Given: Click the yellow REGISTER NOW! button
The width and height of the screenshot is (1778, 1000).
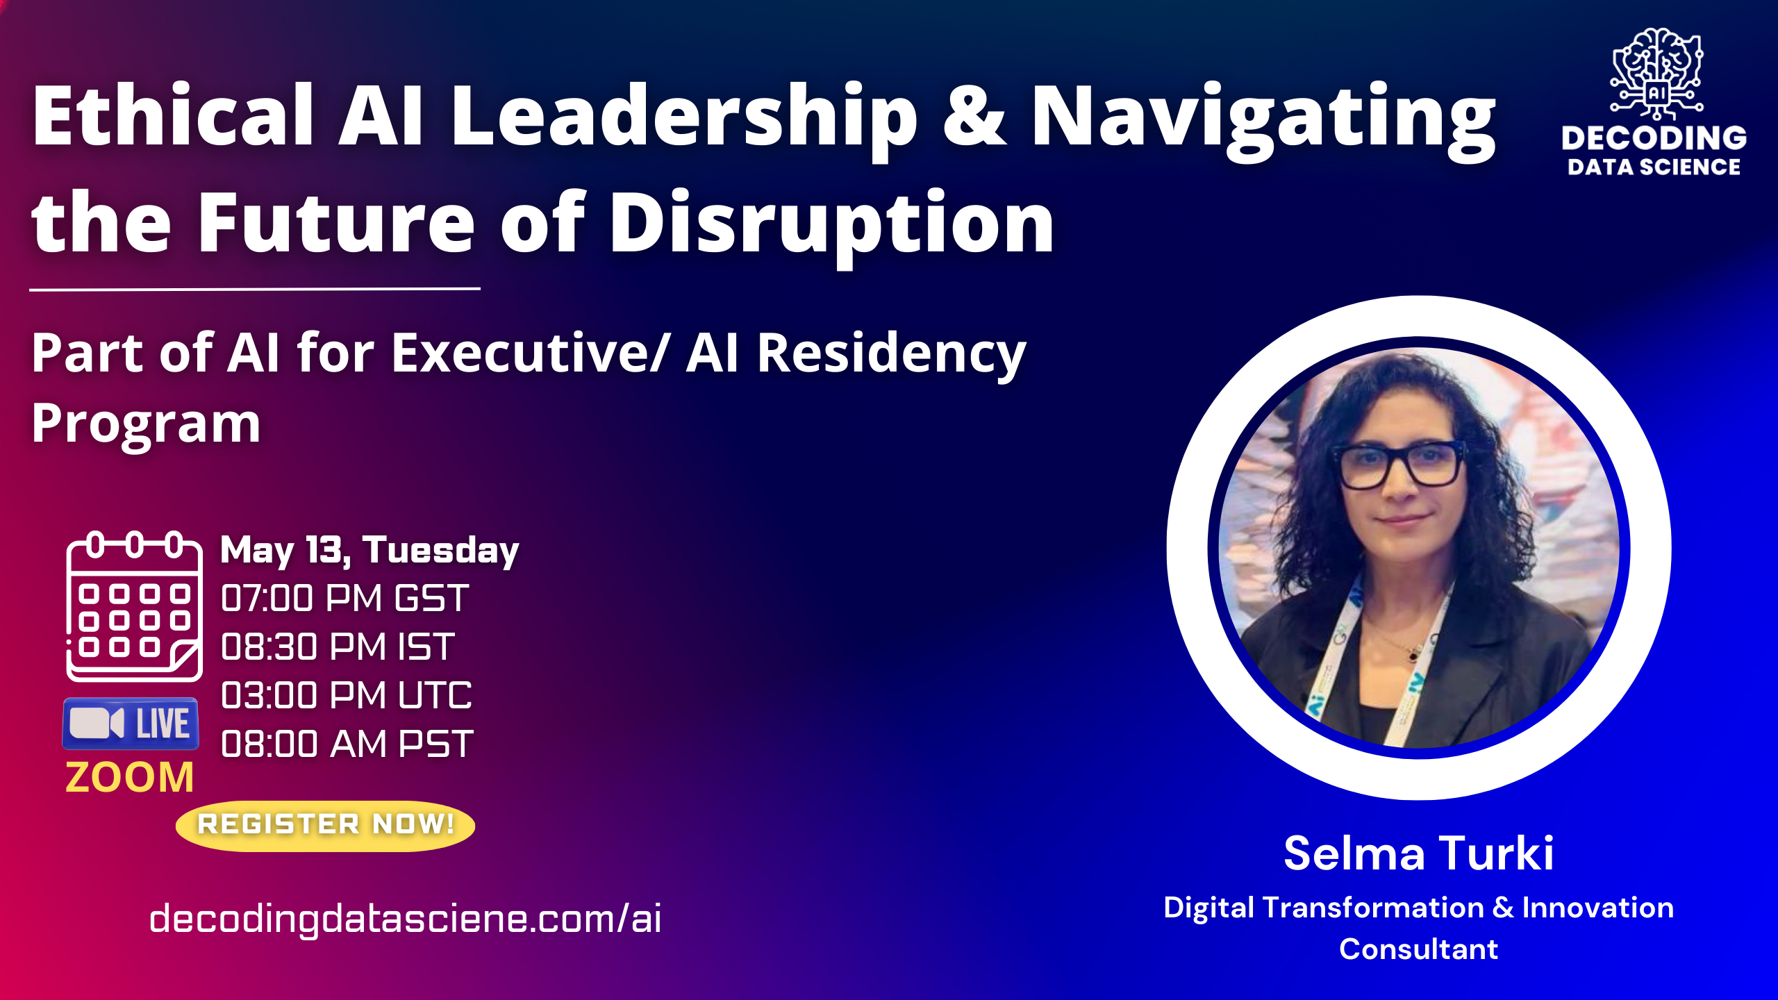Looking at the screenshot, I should (x=325, y=825).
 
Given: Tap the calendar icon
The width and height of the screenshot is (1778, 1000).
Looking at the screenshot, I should (x=134, y=606).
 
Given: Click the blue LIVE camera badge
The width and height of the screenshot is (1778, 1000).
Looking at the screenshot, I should (x=131, y=724).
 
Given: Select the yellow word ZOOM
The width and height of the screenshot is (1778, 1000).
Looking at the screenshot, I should (x=130, y=777).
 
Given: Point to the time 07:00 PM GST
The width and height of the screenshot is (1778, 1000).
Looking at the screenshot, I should (x=344, y=598).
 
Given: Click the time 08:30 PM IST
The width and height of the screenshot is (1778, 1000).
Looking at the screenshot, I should (x=338, y=647).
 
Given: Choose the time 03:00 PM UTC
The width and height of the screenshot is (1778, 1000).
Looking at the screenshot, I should (x=346, y=695).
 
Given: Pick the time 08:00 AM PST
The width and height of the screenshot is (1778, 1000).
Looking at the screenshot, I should (x=347, y=744).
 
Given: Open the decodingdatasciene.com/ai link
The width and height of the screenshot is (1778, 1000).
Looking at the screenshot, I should (x=406, y=919).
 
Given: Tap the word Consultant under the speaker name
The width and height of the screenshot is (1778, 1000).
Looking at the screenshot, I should (x=1418, y=949).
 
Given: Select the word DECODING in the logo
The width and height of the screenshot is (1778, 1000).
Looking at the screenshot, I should (x=1654, y=137).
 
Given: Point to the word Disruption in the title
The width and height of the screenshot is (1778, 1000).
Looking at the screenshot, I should (x=832, y=224).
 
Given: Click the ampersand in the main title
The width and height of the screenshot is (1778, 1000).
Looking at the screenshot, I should (x=974, y=117).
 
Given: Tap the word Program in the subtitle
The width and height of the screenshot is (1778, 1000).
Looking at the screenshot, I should (x=146, y=424).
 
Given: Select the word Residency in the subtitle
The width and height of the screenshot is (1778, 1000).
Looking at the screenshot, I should (x=891, y=353).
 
